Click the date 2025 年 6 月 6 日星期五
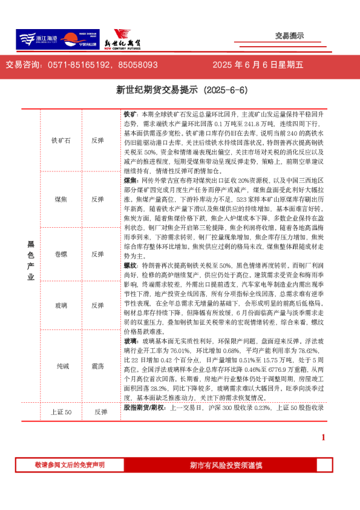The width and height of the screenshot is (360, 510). click(258, 65)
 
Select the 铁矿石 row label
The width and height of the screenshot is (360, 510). click(61, 141)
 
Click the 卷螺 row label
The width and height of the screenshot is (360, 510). click(61, 254)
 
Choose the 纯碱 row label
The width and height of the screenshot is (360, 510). click(61, 366)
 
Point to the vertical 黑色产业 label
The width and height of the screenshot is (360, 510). click(30, 260)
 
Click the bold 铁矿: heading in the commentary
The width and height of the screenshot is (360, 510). click(130, 114)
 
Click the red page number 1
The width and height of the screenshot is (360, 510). click(323, 437)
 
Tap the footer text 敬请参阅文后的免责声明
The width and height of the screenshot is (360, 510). click(70, 465)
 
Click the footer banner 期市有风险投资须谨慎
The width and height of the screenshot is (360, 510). click(226, 465)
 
